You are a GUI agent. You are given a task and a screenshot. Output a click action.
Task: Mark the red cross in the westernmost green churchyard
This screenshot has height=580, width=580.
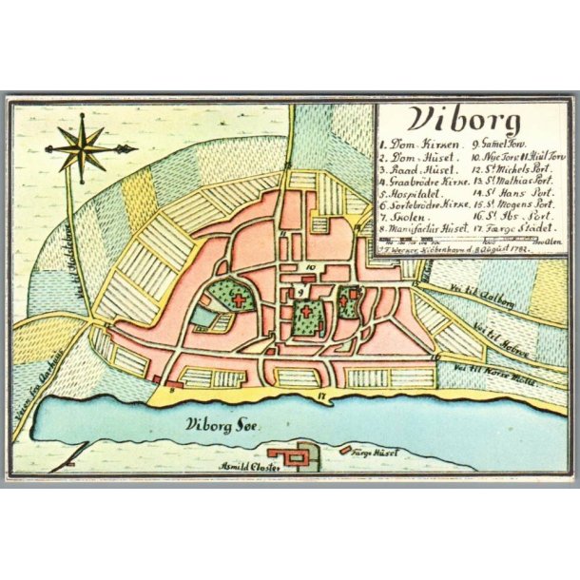pos(237,300)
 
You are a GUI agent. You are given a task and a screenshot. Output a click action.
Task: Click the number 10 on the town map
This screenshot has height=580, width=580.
pos(309,268)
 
